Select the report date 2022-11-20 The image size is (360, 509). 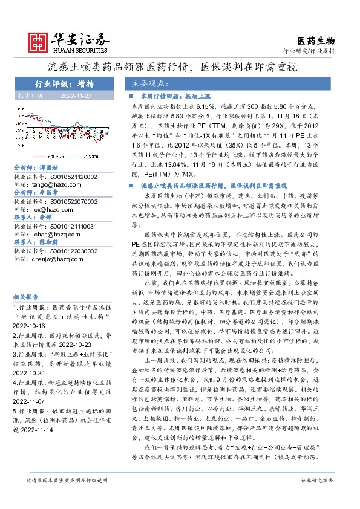point(76,96)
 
